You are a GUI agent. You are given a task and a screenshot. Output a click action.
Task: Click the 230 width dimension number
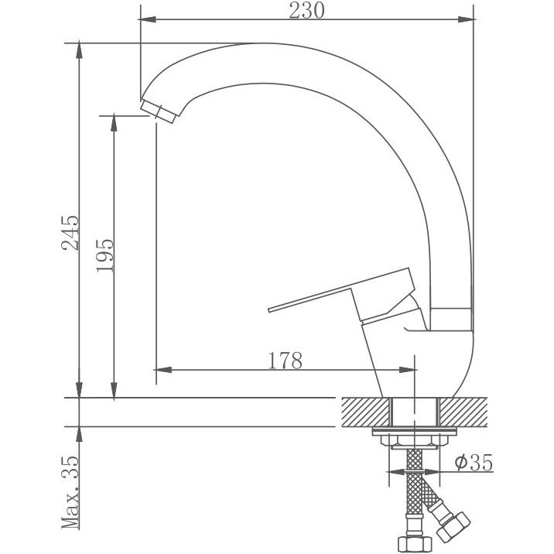click(x=306, y=10)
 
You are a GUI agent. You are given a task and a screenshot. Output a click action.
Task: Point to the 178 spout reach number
click(x=285, y=360)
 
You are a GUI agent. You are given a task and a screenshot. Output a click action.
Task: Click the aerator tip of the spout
click(x=159, y=110)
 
